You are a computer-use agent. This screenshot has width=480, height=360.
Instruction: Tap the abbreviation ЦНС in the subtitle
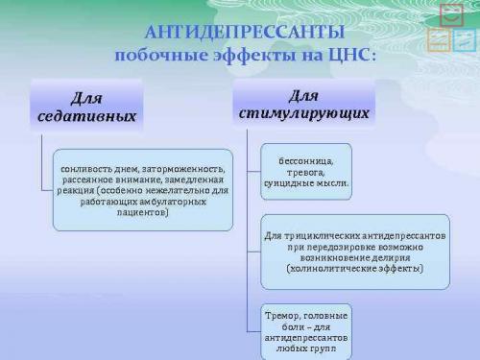pos(349,56)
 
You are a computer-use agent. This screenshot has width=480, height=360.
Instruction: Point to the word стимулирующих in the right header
pos(303,113)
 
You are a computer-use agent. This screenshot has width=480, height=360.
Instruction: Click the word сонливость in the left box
pos(88,167)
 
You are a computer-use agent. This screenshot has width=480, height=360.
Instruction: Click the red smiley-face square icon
pos(450,14)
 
